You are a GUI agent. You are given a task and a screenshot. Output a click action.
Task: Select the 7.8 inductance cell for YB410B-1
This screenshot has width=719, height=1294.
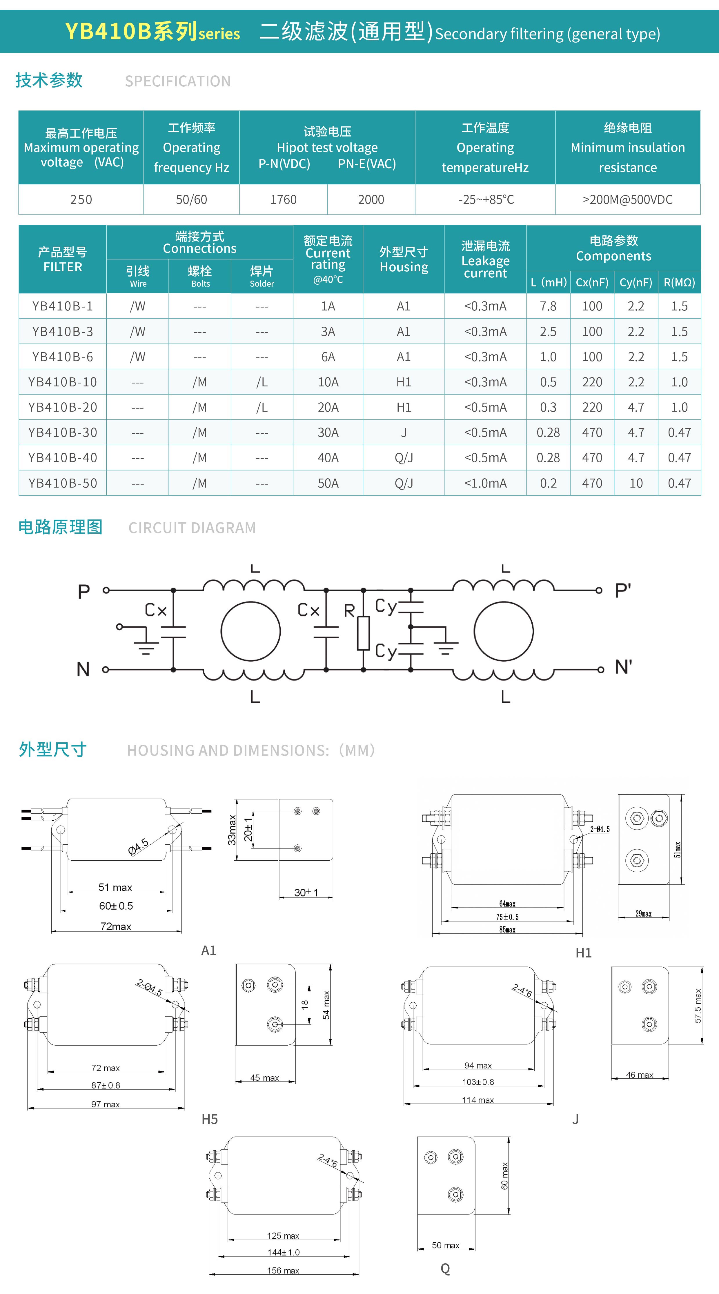pyautogui.click(x=548, y=306)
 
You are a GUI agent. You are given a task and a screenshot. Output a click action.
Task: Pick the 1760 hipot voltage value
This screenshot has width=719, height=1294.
pyautogui.click(x=283, y=199)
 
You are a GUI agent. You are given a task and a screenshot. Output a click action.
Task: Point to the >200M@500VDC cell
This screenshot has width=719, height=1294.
pyautogui.click(x=628, y=199)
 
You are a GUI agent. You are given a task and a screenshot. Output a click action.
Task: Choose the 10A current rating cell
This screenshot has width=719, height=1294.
pyautogui.click(x=328, y=382)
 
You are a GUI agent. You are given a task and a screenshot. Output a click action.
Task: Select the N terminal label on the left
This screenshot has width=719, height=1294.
pyautogui.click(x=83, y=669)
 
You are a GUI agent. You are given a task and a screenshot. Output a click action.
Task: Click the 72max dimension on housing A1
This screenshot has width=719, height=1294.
pyautogui.click(x=116, y=926)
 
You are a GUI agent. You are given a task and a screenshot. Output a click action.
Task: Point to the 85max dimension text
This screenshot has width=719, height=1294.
pyautogui.click(x=507, y=929)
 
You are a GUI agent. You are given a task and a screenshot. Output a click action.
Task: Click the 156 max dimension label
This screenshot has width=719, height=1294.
pyautogui.click(x=283, y=1271)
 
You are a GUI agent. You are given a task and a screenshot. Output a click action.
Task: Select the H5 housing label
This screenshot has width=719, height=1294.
pyautogui.click(x=210, y=1119)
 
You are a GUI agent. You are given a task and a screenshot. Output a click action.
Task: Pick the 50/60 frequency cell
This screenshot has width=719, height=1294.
pyautogui.click(x=191, y=199)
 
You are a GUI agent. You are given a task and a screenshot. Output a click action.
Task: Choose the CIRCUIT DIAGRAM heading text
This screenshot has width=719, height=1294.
pyautogui.click(x=192, y=528)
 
